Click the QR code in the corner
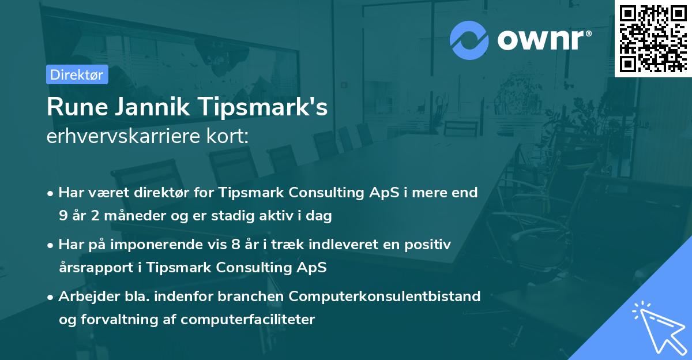pos(653,39)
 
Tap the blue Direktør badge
pos(77,74)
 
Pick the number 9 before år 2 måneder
pos(62,216)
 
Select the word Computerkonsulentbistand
pos(385,297)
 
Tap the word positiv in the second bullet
pos(428,245)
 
